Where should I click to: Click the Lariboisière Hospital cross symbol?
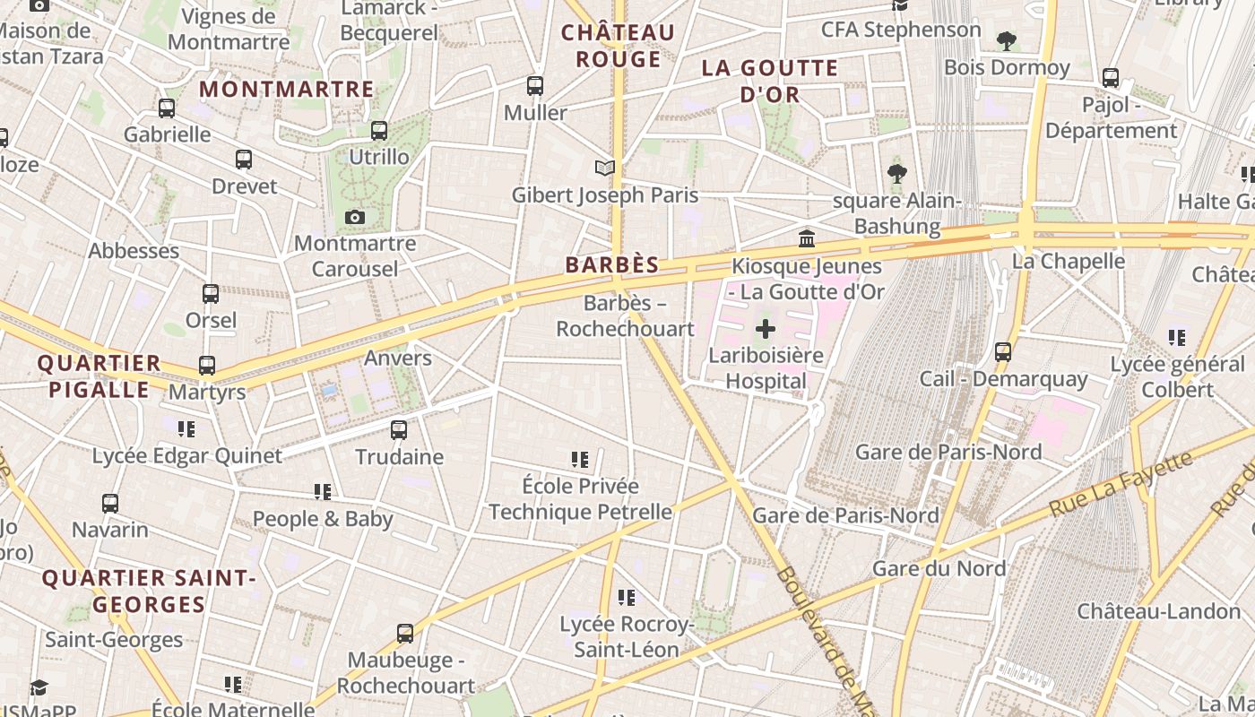(765, 329)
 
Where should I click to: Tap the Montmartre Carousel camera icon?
(354, 217)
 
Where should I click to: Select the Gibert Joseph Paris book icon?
(605, 168)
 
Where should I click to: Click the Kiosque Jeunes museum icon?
(807, 238)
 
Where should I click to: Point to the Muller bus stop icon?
(535, 86)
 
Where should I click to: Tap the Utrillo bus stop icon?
(379, 131)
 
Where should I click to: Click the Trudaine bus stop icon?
(399, 430)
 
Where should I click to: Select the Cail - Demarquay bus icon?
(1003, 352)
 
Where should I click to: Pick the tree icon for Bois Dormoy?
(1007, 41)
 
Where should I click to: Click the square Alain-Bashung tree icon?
(896, 174)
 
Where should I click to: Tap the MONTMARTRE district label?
(287, 90)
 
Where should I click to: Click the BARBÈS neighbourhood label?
(612, 265)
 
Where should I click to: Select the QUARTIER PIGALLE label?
(99, 376)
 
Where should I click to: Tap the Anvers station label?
(398, 358)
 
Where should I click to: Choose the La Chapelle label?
(1068, 261)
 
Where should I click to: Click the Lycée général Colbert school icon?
(1177, 338)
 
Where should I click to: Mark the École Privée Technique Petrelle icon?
(580, 460)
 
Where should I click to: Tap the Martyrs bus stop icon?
(207, 366)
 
